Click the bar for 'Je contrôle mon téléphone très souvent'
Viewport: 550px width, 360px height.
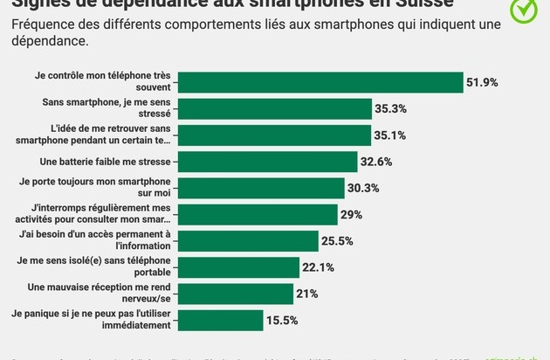pos(320,82)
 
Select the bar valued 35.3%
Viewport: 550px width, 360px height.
pos(283,109)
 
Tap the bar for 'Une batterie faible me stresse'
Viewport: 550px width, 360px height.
pos(267,162)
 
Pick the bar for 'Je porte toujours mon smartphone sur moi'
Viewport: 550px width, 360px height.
pos(260,188)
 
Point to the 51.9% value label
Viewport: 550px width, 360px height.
pos(482,82)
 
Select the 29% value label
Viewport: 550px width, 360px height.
pos(352,215)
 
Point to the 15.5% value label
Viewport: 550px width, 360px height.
pos(283,320)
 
